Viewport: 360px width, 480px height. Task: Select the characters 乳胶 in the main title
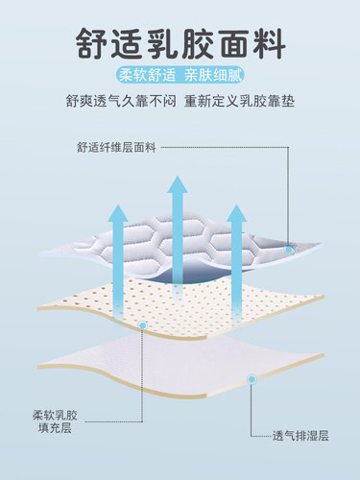(180, 43)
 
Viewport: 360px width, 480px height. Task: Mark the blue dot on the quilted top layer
(288, 250)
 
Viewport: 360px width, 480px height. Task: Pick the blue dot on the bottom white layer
(253, 381)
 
